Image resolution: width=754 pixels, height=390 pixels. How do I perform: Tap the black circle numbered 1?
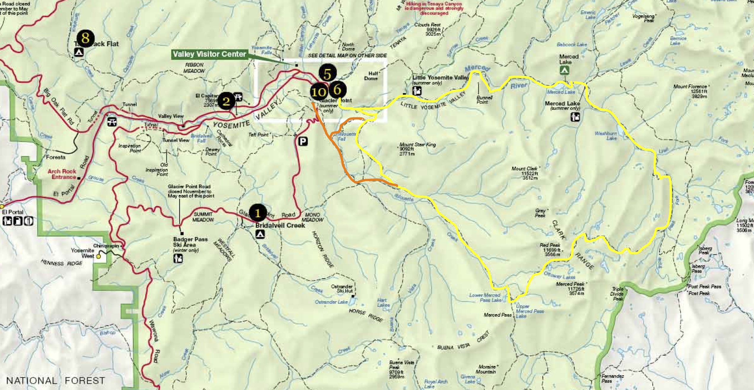coord(258,213)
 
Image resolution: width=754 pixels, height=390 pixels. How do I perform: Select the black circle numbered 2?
coord(226,101)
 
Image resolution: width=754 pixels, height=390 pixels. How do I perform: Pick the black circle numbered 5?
coord(327,74)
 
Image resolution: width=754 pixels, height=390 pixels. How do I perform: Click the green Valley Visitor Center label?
coord(209,54)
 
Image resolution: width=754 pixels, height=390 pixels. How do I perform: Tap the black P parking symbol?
coord(303,141)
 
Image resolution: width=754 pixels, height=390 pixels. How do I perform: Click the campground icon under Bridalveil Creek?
coord(260,234)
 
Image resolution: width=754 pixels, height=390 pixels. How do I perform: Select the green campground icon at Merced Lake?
coord(564,71)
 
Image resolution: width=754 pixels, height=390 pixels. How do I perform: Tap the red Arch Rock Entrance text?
coord(62,174)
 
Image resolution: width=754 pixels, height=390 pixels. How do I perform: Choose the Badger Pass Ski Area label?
coord(190,242)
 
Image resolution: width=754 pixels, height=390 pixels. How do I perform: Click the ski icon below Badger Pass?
coord(178,259)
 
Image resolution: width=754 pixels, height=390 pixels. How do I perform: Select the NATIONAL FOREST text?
coord(55,381)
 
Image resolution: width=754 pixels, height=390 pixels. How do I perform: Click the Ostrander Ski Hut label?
coord(342,289)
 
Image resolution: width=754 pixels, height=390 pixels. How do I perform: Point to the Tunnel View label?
coord(176,140)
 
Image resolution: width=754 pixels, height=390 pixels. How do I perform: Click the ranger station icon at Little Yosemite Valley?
coord(417,91)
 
